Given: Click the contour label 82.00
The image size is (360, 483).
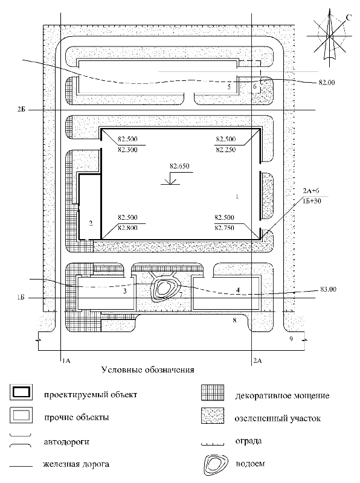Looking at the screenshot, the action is click(327, 83).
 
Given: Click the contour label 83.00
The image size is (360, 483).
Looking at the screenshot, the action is click(328, 289).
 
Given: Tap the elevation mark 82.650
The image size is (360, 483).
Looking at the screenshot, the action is click(179, 166).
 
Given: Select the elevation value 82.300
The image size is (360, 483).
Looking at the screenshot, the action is click(127, 150).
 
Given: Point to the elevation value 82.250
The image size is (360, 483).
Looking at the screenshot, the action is click(226, 150).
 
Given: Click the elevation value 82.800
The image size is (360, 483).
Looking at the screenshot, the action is click(127, 228).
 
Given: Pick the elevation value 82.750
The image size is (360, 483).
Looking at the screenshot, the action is click(225, 228).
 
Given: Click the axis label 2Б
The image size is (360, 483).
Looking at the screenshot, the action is click(21, 109).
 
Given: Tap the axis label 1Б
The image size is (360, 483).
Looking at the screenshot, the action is click(21, 298).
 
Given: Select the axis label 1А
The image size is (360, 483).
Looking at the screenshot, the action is click(66, 360).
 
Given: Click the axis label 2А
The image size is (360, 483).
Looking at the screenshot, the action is click(257, 360).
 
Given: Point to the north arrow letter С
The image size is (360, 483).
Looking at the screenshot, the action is click(348, 18).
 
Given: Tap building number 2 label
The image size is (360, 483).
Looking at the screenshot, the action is click(91, 223).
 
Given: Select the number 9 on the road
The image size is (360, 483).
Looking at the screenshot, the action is click(291, 339).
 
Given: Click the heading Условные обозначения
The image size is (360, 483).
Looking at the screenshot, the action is click(148, 369).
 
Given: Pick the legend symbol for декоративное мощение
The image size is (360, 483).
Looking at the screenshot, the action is click(213, 392).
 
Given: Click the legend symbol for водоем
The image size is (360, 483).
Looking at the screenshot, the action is click(216, 464).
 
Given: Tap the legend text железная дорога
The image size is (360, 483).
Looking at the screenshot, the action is click(76, 464).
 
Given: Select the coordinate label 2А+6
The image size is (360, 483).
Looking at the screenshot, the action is click(311, 191).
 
